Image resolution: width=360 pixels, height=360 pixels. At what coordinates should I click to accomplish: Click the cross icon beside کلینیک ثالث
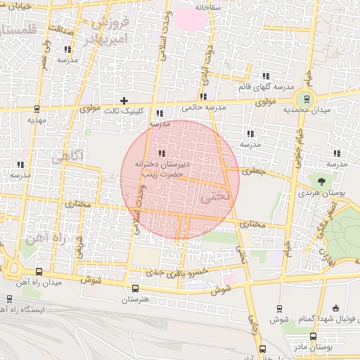pyautogui.click(x=124, y=101)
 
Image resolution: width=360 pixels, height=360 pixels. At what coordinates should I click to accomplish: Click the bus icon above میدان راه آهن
pyautogui.click(x=38, y=271)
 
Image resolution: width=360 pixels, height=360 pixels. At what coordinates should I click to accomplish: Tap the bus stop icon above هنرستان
pyautogui.click(x=136, y=288)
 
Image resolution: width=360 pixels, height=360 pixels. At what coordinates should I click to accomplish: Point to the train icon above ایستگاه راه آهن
pyautogui.click(x=9, y=299)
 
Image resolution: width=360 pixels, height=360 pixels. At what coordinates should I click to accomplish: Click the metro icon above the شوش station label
pyautogui.click(x=280, y=308)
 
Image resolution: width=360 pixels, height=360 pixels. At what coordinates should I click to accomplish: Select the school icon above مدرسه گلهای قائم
pyautogui.click(x=266, y=76)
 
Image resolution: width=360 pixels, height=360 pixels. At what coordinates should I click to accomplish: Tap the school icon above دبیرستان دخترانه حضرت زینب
pyautogui.click(x=162, y=153)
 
